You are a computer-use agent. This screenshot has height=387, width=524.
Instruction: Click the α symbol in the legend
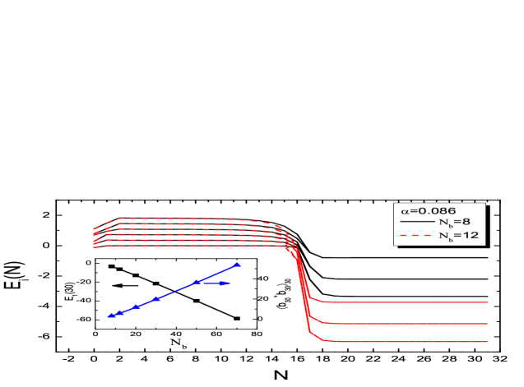point(404,211)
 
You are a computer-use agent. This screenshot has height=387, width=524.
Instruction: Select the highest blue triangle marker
point(238,265)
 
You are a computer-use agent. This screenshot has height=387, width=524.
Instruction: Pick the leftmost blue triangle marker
point(110,316)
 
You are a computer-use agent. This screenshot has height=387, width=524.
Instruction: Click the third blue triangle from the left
point(136,306)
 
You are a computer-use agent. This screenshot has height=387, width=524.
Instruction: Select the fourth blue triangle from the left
point(156,298)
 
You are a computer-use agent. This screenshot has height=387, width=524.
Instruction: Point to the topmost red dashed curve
point(189,219)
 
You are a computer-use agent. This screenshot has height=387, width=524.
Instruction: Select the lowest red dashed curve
point(189,246)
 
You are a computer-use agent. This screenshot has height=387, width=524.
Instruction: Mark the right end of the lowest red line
point(487,341)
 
